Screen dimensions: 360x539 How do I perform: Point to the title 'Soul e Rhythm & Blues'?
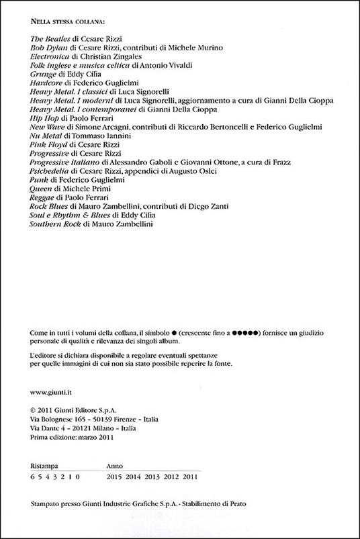pos(66,215)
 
